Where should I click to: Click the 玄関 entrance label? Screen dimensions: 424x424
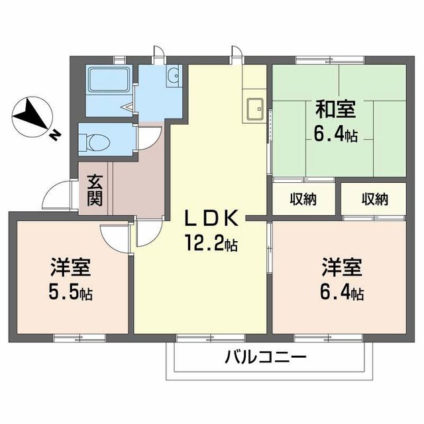(95, 189)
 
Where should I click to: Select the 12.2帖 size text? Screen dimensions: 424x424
(211, 243)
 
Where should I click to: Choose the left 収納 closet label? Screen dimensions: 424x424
(303, 198)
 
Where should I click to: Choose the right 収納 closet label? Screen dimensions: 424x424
(374, 198)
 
